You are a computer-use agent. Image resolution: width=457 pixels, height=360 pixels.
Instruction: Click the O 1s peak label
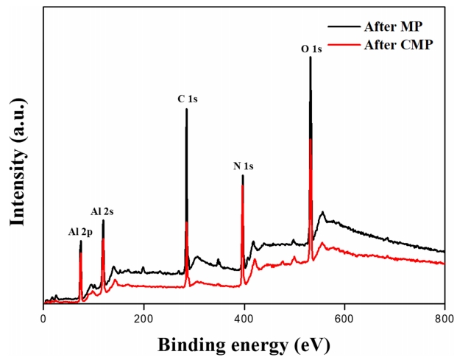(311, 49)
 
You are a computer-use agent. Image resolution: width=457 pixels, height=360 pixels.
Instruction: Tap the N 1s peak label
(243, 166)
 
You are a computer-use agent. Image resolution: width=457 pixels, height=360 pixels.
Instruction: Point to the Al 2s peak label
(102, 211)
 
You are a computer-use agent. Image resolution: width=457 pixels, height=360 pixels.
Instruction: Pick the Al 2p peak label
(80, 232)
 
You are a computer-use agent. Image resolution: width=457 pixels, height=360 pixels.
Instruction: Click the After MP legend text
(392, 27)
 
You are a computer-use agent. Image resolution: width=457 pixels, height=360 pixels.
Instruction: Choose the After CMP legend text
(397, 43)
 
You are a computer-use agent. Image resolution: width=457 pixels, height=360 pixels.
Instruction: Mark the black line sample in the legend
(344, 27)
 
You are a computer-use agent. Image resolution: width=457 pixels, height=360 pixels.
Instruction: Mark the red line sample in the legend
(344, 43)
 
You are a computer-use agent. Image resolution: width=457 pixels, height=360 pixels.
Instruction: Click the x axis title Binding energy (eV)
(242, 345)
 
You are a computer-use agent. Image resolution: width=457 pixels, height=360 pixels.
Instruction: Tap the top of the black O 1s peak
(311, 57)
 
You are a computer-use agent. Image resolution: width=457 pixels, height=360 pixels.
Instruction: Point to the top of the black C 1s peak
(186, 109)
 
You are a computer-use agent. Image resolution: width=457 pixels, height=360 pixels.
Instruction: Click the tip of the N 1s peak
(243, 175)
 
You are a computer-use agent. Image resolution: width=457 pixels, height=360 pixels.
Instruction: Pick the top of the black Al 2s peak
(103, 220)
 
